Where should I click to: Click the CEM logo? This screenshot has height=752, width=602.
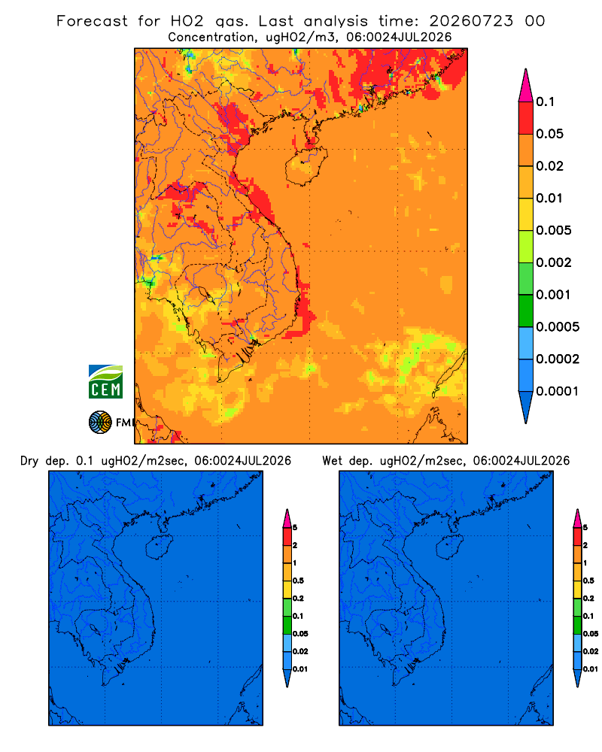click(x=105, y=382)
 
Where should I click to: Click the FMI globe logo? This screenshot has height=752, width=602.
click(x=100, y=423)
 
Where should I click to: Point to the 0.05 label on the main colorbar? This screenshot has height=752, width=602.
click(x=549, y=134)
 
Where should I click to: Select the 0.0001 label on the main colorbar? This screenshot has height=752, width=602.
click(x=558, y=391)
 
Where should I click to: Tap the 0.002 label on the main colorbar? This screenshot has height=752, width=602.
click(x=554, y=262)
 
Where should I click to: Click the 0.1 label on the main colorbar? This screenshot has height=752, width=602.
click(x=546, y=102)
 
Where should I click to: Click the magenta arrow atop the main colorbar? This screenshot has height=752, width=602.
click(x=526, y=86)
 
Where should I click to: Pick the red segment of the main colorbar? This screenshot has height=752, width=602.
click(x=526, y=118)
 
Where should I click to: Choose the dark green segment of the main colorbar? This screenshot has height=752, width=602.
click(x=526, y=311)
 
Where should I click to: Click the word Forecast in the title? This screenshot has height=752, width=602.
click(x=92, y=21)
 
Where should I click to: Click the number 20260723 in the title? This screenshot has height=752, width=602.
click(x=471, y=21)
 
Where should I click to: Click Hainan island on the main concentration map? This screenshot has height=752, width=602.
click(x=306, y=166)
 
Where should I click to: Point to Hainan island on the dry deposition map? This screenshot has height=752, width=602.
click(x=159, y=547)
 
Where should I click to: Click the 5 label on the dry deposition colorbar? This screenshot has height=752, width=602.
click(x=295, y=528)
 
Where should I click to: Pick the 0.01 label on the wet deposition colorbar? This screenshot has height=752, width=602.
click(x=591, y=669)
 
